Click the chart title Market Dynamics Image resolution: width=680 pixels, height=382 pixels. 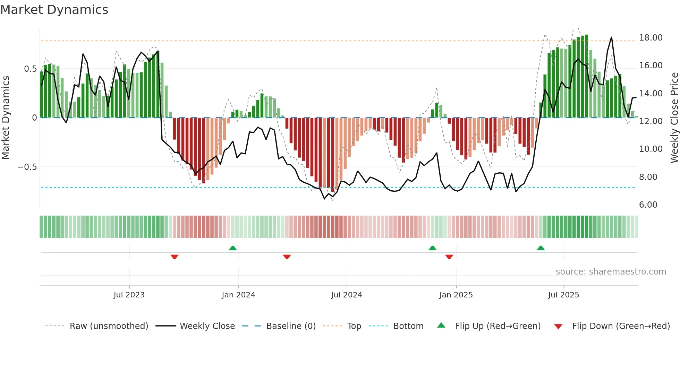click(54, 10)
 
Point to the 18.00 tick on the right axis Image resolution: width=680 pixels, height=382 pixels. click(651, 38)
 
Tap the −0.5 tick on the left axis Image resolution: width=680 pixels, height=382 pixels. click(27, 167)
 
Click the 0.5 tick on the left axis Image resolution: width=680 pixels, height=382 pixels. click(30, 69)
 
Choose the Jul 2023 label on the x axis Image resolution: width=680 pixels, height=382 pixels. click(129, 295)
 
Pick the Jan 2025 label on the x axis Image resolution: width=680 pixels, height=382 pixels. click(456, 295)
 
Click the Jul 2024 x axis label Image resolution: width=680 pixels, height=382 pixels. click(346, 295)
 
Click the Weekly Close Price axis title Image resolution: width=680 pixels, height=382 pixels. click(674, 118)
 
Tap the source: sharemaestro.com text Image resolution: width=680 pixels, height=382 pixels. click(611, 272)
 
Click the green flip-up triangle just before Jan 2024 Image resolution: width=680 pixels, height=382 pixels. click(233, 248)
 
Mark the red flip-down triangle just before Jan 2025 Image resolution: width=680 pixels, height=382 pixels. click(449, 257)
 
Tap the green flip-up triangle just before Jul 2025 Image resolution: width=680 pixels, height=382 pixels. click(541, 248)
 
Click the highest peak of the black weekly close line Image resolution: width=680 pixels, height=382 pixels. click(611, 37)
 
